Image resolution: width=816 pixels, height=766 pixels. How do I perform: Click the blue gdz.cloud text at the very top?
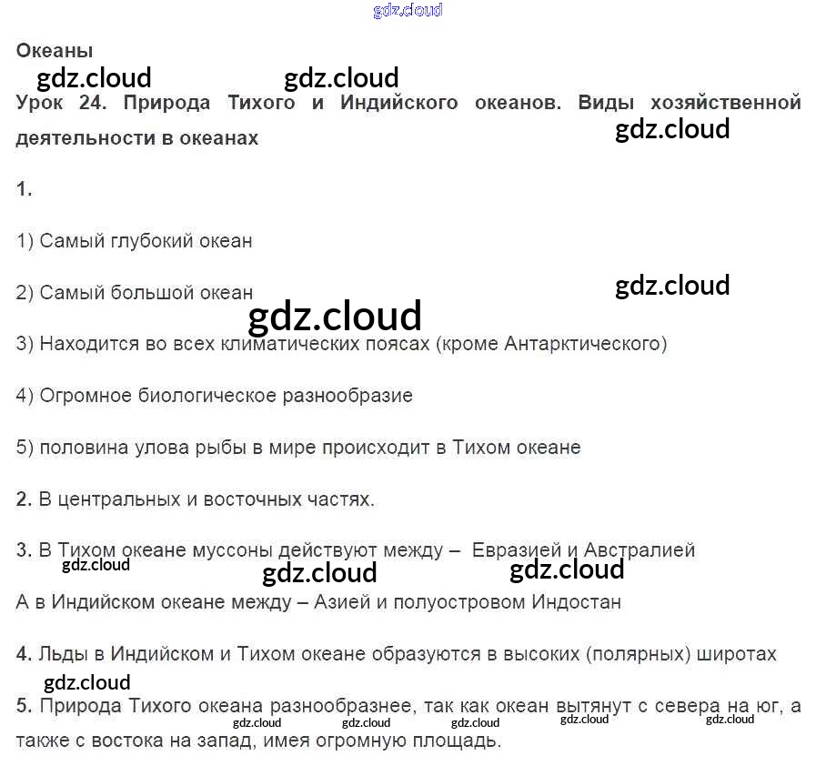pyautogui.click(x=408, y=11)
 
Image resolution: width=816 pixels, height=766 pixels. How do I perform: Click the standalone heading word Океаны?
pyautogui.click(x=55, y=51)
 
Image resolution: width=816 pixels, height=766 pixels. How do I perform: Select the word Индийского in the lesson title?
pyautogui.click(x=398, y=103)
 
